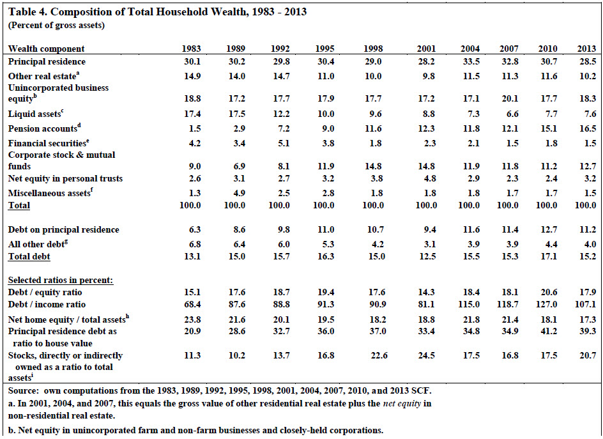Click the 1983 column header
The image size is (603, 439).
[191, 49]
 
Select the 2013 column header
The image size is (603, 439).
[586, 49]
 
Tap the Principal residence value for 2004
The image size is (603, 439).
[471, 61]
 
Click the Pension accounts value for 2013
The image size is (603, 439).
[588, 128]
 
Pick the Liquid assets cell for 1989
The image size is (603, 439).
[236, 114]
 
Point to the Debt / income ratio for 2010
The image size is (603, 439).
[547, 304]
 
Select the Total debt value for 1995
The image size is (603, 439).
[326, 257]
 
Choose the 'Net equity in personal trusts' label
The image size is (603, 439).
[65, 178]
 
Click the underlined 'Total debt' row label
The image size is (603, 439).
[29, 257]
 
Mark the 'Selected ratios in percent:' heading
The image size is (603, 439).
[61, 280]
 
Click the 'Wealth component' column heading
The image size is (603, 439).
[46, 49]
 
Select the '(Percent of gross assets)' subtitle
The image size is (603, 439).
[56, 26]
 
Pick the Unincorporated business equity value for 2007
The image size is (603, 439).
[510, 98]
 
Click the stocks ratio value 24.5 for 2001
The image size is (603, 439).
[427, 355]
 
